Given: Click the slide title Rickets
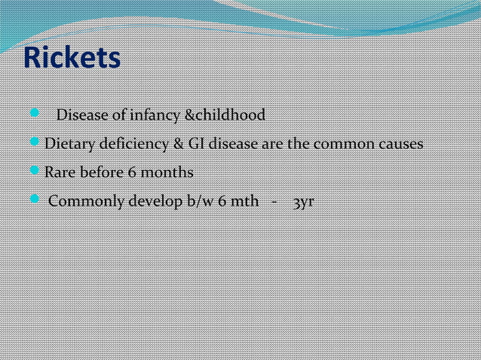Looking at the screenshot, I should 72,58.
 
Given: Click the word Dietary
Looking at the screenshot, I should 69,144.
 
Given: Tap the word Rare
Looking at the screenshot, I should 60,172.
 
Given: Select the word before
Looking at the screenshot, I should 100,172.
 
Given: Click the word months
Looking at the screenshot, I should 167,172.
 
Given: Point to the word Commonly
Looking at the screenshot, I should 81,202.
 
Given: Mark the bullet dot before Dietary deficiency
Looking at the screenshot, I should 35,142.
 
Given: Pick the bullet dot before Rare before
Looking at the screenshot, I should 35,171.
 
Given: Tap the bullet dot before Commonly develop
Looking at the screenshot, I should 35,200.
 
